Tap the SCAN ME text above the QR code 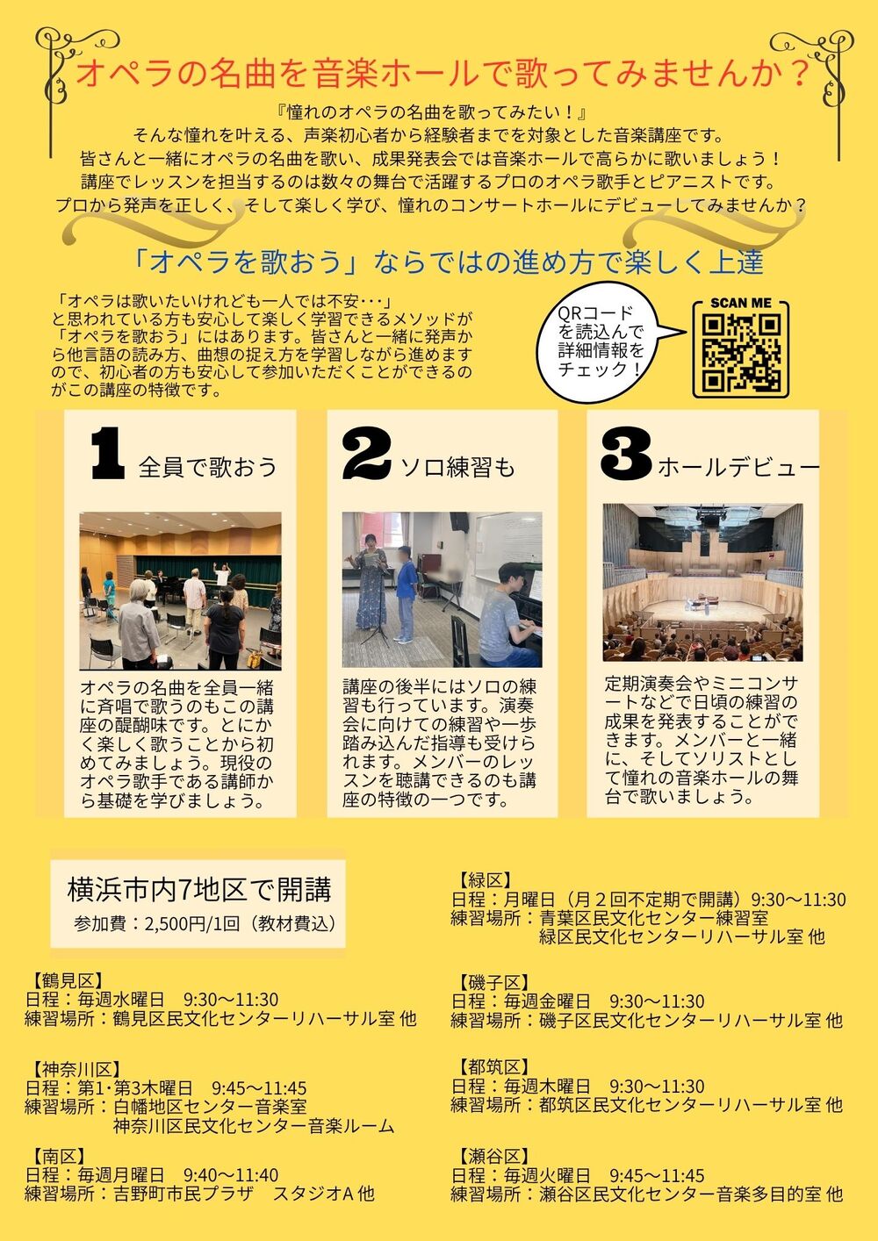point(740,303)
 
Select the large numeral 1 point(107,453)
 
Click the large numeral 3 point(626,455)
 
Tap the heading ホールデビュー point(738,468)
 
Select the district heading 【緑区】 point(483,879)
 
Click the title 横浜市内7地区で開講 point(199,890)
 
